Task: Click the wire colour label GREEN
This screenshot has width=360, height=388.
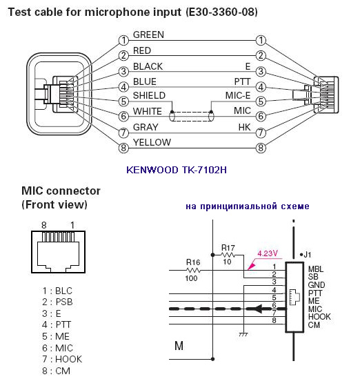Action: (x=148, y=35)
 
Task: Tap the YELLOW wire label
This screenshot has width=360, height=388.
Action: (x=152, y=142)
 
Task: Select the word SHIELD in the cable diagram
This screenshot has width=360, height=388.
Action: (x=149, y=95)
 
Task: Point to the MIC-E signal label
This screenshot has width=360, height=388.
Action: (x=238, y=95)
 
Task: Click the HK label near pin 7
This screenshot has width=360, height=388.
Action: (x=244, y=127)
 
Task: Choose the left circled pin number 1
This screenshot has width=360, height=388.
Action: (x=123, y=40)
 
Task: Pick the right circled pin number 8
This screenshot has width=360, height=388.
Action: (x=261, y=148)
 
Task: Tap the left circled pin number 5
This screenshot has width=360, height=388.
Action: (x=123, y=101)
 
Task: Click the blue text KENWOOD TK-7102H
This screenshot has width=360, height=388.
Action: (x=177, y=170)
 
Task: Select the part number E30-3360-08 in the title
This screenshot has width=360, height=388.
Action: (x=221, y=12)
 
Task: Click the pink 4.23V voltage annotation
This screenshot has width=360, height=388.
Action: (x=268, y=253)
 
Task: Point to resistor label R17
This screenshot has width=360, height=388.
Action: (x=228, y=248)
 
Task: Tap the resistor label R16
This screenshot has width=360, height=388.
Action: (x=193, y=262)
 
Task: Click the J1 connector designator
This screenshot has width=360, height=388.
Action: (x=308, y=254)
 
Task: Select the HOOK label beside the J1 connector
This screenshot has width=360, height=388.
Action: (x=319, y=317)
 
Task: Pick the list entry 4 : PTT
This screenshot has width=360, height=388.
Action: (x=57, y=324)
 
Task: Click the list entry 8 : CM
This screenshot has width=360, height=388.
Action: (x=56, y=371)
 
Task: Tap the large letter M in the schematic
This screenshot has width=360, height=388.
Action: (x=179, y=346)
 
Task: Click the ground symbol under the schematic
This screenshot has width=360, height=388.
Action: (x=243, y=334)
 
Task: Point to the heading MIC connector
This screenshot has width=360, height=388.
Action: (x=61, y=191)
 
